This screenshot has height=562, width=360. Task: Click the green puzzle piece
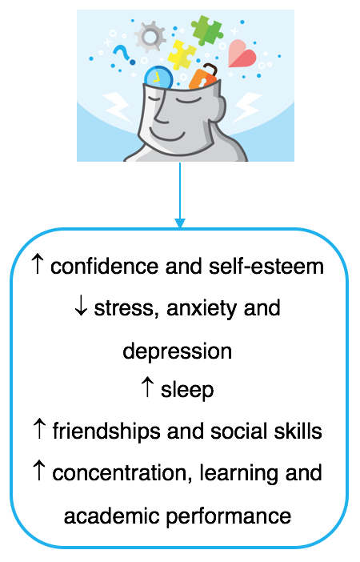(206, 30)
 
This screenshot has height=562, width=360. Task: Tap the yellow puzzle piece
(182, 54)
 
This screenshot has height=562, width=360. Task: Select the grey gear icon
(150, 36)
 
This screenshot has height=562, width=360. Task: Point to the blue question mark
(124, 55)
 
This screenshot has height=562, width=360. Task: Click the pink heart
(242, 54)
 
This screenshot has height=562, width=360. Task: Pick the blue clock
(158, 77)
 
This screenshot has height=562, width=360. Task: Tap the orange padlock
(202, 77)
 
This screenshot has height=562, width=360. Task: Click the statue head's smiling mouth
(167, 135)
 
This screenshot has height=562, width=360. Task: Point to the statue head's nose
(161, 111)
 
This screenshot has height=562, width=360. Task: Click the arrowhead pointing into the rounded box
(180, 223)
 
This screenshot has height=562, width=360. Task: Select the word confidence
(104, 267)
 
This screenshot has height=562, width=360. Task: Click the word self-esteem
(266, 267)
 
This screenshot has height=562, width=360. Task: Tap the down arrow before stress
(81, 307)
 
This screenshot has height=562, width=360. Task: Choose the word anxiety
(202, 308)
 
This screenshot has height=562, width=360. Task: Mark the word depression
(178, 351)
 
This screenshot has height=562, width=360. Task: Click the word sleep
(187, 390)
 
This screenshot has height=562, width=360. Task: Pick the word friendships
(106, 432)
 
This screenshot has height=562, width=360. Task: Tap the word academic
(112, 516)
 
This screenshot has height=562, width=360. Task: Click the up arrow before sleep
(147, 387)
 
